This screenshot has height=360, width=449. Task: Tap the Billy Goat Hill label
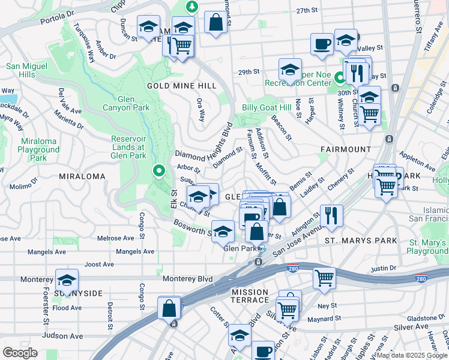click(x=266, y=107)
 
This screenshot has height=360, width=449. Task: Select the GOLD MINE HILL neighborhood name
click(x=177, y=86)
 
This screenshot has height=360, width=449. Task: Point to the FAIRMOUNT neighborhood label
click(x=345, y=149)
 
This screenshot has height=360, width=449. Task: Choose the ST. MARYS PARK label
click(x=361, y=241)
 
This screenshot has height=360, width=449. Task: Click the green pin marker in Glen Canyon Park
click(x=159, y=171)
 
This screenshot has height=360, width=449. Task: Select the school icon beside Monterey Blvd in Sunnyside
click(x=67, y=280)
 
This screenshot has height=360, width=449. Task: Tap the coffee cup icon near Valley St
click(x=322, y=44)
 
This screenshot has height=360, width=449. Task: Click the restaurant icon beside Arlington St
click(x=331, y=215)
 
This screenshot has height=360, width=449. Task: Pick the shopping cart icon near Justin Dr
click(x=324, y=278)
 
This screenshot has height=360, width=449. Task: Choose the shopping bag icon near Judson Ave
click(x=169, y=307)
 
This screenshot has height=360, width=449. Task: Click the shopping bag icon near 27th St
click(x=215, y=23)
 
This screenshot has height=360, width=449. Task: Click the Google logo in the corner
click(x=20, y=353)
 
